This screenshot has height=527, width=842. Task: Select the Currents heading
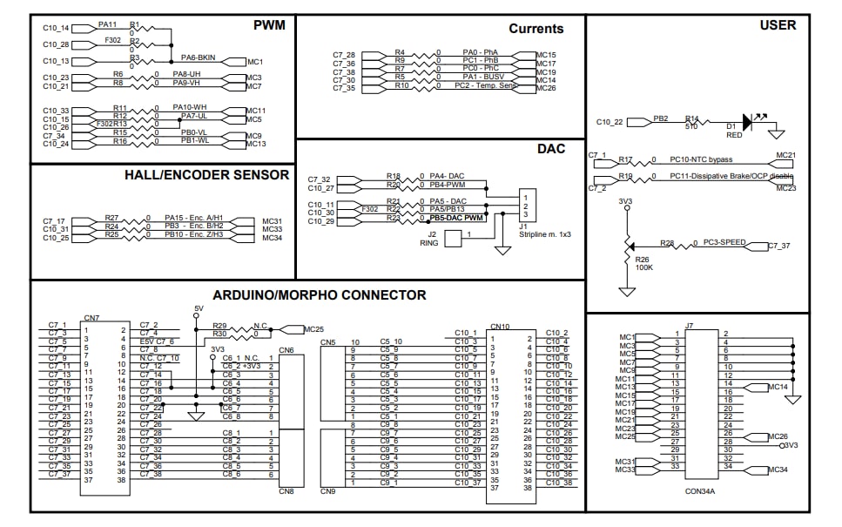click(536, 29)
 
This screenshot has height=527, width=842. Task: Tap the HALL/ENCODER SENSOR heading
click(206, 175)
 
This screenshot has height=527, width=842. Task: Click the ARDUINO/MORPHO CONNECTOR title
click(320, 295)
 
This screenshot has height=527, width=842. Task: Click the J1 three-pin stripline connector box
click(526, 205)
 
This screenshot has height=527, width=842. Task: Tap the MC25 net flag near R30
click(313, 329)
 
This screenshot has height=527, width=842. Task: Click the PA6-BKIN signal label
click(199, 57)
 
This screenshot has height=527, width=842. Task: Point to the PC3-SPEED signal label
click(724, 242)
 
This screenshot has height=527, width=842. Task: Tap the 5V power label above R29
click(198, 308)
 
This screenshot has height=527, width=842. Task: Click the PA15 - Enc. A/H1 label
click(194, 219)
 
